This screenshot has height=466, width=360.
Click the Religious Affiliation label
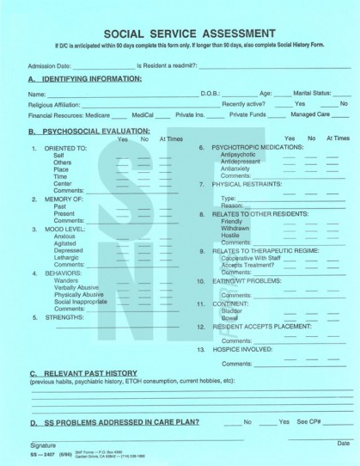57,102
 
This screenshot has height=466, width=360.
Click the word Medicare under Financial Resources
101,113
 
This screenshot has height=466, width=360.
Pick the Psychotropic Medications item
246,147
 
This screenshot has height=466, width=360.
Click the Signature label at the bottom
43,444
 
